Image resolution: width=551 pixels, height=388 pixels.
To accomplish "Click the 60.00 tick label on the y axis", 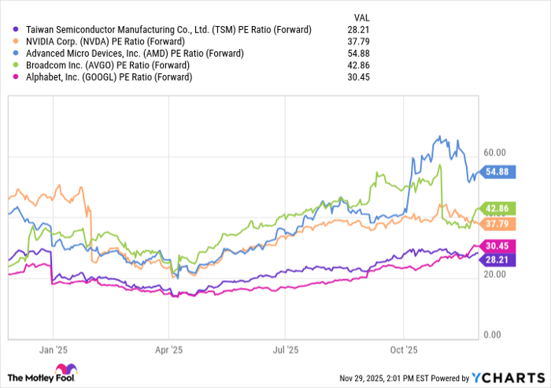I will pos(494,152).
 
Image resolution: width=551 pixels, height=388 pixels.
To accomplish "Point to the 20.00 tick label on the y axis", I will pos(494,274).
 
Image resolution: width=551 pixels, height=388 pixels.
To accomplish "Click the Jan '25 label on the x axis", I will pos(54,348).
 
